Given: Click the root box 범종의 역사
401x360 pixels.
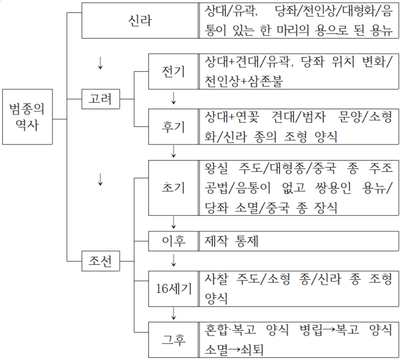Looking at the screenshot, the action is click(x=27, y=117).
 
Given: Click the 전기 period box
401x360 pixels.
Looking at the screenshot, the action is click(x=173, y=72).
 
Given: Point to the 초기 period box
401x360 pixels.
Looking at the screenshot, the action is click(x=173, y=188).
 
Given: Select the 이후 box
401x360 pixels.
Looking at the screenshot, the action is click(x=173, y=240).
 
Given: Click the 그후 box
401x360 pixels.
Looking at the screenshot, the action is click(x=173, y=338).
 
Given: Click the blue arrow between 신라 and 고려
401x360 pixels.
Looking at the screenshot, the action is click(x=100, y=63).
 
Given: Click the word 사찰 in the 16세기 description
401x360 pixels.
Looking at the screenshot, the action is click(x=216, y=279).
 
